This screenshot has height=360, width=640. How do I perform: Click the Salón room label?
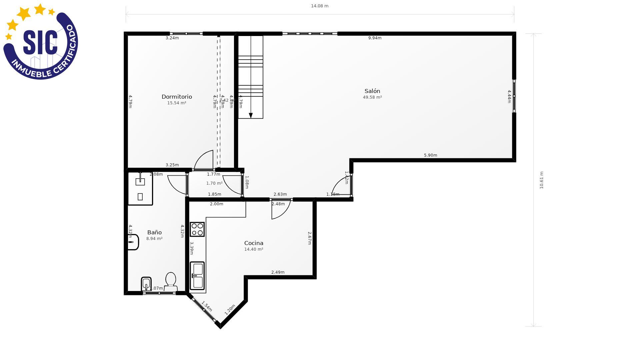pos(372,91)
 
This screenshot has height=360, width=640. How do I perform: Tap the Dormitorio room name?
pos(177,97)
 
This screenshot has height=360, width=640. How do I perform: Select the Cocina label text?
pos(254,243)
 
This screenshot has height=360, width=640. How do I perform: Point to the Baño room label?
pos(154,232)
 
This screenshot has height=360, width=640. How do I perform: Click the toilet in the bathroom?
pos(171,281)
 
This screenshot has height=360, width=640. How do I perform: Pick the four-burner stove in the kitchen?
pos(197,229)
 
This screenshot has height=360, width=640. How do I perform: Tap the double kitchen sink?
pos(197,276)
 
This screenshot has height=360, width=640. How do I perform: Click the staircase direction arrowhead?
pos(251,115)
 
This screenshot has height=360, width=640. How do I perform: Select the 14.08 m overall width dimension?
pos(319,6)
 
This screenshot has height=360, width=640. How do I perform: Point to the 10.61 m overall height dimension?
pos(541,180)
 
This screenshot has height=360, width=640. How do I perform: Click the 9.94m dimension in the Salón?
pos(375,38)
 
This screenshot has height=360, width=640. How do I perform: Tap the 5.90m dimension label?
pos(430,155)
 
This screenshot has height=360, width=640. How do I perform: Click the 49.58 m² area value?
pos(372,97)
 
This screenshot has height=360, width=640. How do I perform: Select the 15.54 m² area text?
pos(177,103)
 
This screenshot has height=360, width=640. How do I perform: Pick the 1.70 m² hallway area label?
pos(214,183)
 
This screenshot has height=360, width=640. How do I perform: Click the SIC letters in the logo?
pos(40,43)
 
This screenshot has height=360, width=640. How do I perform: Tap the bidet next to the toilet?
pos(146,284)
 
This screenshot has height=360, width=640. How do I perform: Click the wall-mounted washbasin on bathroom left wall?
pos(133,242)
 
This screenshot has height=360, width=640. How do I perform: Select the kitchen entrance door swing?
pos(281,209)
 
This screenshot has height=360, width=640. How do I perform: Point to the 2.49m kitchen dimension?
pos(278,272)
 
